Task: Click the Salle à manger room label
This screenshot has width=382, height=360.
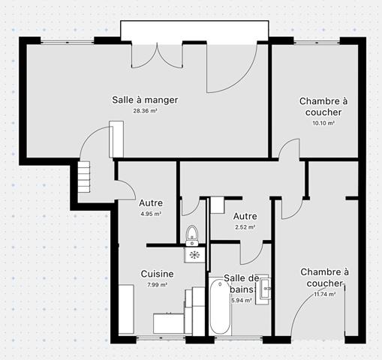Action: [x=145, y=100]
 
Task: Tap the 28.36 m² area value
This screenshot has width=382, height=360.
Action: [x=145, y=111]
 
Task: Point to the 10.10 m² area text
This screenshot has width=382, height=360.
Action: [x=323, y=123]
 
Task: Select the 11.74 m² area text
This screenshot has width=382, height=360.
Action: [x=325, y=294]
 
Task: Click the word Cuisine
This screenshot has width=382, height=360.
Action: [x=157, y=274]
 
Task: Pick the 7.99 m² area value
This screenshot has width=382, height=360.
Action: [x=157, y=285]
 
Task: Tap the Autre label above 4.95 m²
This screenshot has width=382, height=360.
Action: [x=151, y=202]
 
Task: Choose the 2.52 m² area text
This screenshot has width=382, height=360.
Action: [x=245, y=227]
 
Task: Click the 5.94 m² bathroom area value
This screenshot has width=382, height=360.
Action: [x=241, y=301]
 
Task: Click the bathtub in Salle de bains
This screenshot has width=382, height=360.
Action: [x=219, y=307]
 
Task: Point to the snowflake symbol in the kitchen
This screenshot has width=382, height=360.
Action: [x=194, y=255]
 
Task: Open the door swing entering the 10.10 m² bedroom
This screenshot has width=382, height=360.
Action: [x=285, y=149]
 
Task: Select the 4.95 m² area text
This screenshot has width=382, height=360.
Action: [x=151, y=214]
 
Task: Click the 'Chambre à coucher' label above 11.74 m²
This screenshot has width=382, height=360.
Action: [x=325, y=277]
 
